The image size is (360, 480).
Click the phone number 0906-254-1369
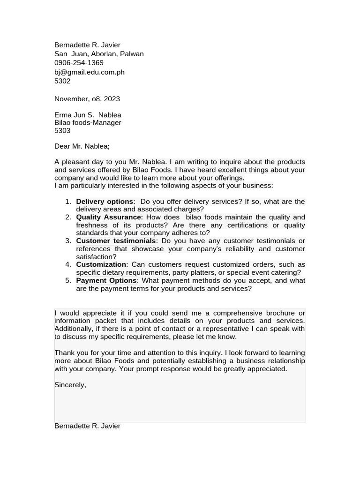point(79,63)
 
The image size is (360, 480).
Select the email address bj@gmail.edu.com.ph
point(89,72)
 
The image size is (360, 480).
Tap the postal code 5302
point(62,81)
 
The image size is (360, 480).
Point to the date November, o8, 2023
point(87,99)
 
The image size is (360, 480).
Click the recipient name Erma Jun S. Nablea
point(88,115)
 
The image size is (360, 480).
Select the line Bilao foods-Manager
point(88,123)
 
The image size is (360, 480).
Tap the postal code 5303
point(62,131)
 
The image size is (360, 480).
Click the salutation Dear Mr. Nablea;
point(82,146)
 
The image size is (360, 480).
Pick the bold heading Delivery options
point(105,202)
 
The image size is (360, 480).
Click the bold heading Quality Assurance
point(108,217)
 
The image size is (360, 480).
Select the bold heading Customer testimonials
point(116,241)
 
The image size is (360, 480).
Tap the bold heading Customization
point(101,264)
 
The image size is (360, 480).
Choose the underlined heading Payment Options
point(106,280)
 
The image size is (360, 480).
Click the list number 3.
point(68,241)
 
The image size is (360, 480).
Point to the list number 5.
point(68,280)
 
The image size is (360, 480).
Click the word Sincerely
point(70,385)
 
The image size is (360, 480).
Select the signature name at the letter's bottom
point(87,426)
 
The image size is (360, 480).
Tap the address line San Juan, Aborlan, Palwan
point(99,54)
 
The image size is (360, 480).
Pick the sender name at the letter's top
point(87,45)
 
